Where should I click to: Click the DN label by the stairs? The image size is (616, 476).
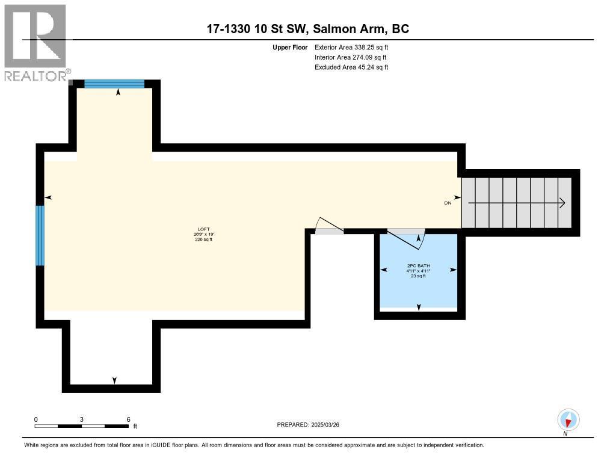[448, 203]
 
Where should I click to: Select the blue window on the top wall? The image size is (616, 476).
[114, 84]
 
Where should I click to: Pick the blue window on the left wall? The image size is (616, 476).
[40, 235]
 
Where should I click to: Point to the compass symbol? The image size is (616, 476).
[568, 419]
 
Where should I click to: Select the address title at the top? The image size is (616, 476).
[308, 29]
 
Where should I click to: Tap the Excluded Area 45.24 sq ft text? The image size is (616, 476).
[351, 67]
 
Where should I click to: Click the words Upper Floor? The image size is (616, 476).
[291, 47]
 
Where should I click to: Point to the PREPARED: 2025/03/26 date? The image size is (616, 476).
[312, 425]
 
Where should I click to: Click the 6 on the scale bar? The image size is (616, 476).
[128, 419]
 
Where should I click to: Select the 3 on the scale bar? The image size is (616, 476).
[81, 419]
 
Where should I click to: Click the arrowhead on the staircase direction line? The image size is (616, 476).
[562, 203]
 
